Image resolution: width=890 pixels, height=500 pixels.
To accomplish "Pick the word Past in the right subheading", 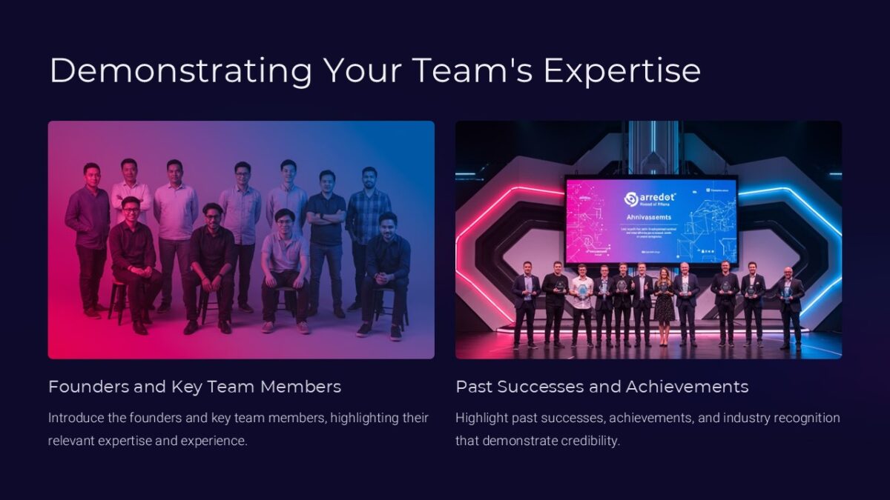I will click(473, 387).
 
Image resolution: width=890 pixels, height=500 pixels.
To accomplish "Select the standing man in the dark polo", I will click(326, 230).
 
